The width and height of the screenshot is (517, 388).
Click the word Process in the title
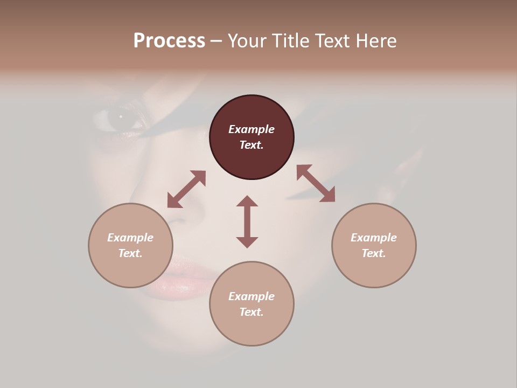point(169,41)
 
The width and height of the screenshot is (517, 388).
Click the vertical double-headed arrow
point(247,221)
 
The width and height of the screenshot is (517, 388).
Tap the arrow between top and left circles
point(186,190)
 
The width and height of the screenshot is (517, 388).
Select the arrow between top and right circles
point(316,183)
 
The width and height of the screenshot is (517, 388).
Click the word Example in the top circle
point(251,129)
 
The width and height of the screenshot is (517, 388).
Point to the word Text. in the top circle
point(251,145)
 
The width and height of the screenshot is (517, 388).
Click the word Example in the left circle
point(130,238)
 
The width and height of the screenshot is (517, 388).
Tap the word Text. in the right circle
point(374,253)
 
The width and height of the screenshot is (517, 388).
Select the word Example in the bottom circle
point(251,296)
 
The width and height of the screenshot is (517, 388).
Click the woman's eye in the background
point(120,117)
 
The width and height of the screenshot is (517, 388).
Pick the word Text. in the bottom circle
point(251,312)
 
